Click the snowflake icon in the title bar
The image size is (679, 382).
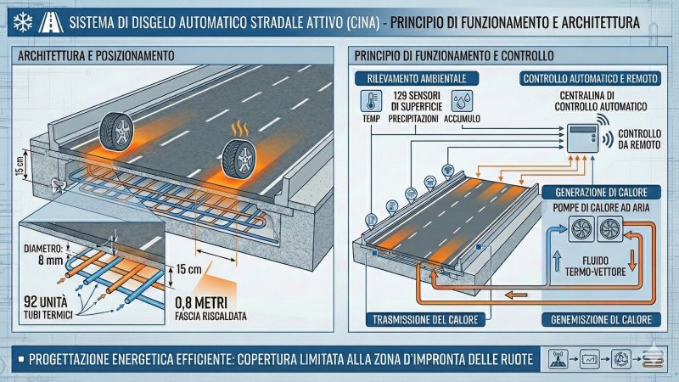(22, 23)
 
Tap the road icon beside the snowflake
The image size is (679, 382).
(51, 23)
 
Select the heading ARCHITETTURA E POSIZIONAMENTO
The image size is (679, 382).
(96, 56)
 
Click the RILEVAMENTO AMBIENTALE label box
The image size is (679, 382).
(417, 78)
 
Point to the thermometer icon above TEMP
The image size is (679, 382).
(371, 100)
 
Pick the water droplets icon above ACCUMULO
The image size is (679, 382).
(462, 100)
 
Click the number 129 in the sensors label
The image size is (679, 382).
(402, 95)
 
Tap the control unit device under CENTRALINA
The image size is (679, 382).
(583, 138)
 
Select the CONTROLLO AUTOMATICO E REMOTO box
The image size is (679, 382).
(590, 78)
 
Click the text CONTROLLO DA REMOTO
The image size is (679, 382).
(639, 139)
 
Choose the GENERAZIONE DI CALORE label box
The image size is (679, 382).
(601, 192)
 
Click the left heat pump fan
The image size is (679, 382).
(581, 229)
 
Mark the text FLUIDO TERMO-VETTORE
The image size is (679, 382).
(596, 266)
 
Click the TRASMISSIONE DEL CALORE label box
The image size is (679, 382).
(425, 320)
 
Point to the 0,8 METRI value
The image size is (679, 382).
(201, 302)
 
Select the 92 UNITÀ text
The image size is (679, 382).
(46, 301)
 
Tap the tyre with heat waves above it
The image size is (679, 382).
(238, 159)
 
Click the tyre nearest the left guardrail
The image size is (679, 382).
(116, 132)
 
